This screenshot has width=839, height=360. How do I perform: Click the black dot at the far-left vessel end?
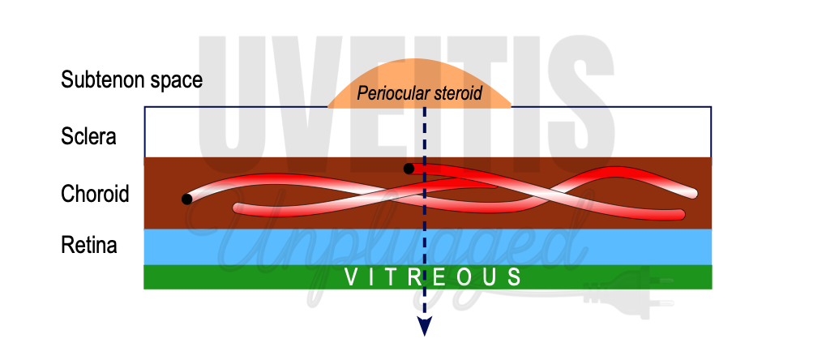pyautogui.click(x=187, y=199)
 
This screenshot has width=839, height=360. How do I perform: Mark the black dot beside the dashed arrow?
pyautogui.click(x=409, y=169)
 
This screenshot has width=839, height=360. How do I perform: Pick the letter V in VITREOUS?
pyautogui.click(x=350, y=277)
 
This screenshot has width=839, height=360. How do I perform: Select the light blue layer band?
pyautogui.click(x=243, y=247)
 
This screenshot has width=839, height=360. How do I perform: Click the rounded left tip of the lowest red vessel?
pyautogui.click(x=238, y=208)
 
